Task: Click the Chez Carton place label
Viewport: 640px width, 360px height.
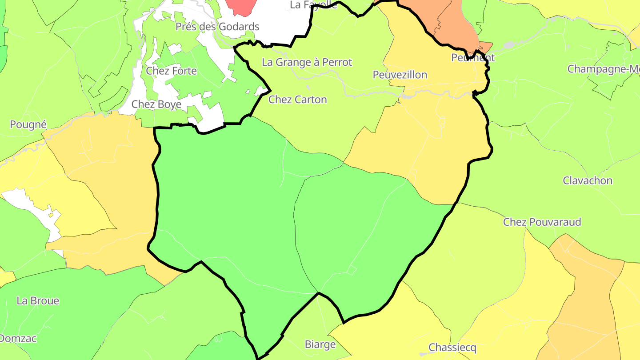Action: (x=297, y=100)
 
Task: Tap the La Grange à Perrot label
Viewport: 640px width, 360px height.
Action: (x=307, y=62)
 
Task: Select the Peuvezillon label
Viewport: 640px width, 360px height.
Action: (x=400, y=75)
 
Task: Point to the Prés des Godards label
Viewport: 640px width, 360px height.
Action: (x=217, y=27)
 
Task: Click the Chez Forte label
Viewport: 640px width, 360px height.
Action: (x=171, y=71)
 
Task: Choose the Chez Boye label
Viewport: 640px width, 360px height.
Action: (x=156, y=104)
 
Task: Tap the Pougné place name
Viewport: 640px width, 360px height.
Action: (x=28, y=124)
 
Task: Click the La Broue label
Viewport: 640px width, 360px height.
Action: (x=38, y=301)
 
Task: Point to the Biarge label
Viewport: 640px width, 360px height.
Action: (x=320, y=344)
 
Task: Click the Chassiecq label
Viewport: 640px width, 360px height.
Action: (x=452, y=347)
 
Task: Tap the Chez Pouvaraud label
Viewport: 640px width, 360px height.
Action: (x=542, y=222)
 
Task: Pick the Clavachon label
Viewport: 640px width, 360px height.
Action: (x=587, y=180)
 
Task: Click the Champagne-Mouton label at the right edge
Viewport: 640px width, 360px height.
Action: (x=603, y=69)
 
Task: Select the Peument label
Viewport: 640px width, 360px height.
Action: (x=472, y=58)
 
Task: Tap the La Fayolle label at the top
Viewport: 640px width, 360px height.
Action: (x=313, y=5)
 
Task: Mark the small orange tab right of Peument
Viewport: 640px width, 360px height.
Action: (x=486, y=46)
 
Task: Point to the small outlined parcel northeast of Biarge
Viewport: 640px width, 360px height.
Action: (x=352, y=270)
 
